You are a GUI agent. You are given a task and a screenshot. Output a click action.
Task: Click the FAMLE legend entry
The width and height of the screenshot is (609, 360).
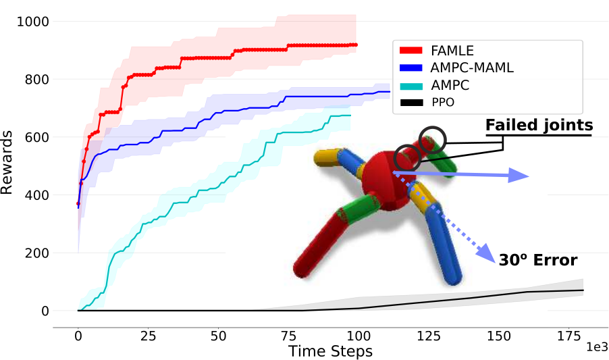pyautogui.click(x=437, y=51)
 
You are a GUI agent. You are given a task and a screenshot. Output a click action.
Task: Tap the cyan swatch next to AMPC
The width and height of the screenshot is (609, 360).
pyautogui.click(x=411, y=85)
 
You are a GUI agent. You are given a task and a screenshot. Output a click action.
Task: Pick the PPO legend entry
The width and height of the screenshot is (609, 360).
pyautogui.click(x=427, y=103)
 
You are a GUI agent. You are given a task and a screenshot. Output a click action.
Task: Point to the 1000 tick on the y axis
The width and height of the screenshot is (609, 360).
pyautogui.click(x=33, y=22)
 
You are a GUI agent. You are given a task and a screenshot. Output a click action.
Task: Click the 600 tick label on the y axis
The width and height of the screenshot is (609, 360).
pyautogui.click(x=37, y=137)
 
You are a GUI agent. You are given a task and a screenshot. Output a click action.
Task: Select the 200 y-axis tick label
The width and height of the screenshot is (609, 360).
pyautogui.click(x=37, y=253)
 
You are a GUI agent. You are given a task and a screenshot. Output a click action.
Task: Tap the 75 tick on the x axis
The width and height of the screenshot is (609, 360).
pyautogui.click(x=288, y=336)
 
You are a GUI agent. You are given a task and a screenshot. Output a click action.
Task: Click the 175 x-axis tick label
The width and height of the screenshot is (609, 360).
pyautogui.click(x=569, y=336)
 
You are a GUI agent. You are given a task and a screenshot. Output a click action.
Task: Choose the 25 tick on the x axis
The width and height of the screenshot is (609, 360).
pyautogui.click(x=148, y=336)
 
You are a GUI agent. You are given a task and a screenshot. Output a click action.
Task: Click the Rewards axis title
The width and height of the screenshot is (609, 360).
pyautogui.click(x=7, y=162)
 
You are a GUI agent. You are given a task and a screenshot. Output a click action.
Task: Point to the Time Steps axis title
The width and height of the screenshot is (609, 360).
pyautogui.click(x=331, y=351)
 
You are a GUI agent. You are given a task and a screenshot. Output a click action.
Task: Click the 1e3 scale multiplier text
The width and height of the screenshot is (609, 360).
pyautogui.click(x=597, y=346)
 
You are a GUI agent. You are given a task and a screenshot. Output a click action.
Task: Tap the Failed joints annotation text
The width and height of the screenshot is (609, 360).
pyautogui.click(x=539, y=125)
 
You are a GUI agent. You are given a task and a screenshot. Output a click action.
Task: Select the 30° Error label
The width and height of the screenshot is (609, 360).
pyautogui.click(x=538, y=260)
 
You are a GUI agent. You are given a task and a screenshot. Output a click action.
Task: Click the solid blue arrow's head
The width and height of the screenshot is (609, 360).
pyautogui.click(x=519, y=176)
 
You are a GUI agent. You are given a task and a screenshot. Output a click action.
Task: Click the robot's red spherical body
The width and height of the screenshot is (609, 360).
pyautogui.click(x=389, y=181)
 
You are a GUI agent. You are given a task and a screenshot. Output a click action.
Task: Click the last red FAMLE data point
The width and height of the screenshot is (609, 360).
pyautogui.click(x=356, y=45)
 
